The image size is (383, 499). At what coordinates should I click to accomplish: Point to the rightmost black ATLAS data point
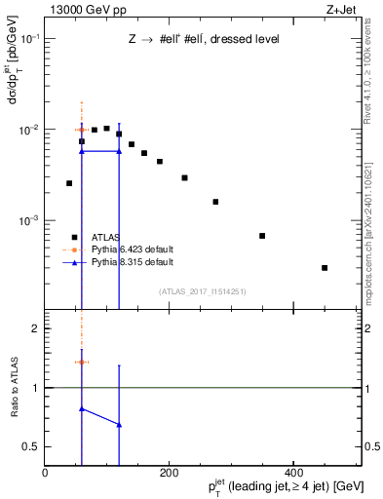tap(325, 268)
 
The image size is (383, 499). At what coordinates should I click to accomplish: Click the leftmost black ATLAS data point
tap(69, 183)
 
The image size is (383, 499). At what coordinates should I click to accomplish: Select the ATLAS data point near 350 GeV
tap(262, 236)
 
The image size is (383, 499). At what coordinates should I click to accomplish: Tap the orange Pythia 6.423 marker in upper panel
tap(82, 129)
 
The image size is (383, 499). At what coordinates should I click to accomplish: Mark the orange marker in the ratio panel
tap(82, 362)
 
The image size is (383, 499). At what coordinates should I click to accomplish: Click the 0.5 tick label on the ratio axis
tap(31, 446)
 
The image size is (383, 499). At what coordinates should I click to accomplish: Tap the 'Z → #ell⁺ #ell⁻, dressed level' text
tap(204, 39)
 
